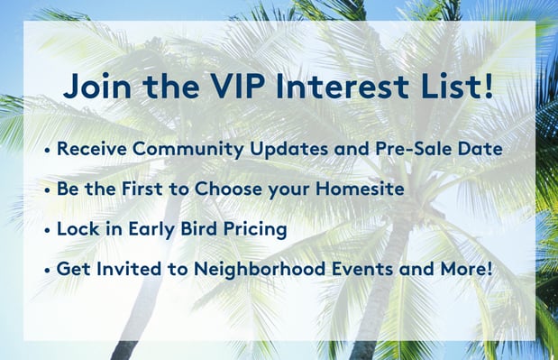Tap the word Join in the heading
pos(95,88)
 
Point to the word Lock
pos(78,229)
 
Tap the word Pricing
pos(256,229)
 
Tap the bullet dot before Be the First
pos(48,191)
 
